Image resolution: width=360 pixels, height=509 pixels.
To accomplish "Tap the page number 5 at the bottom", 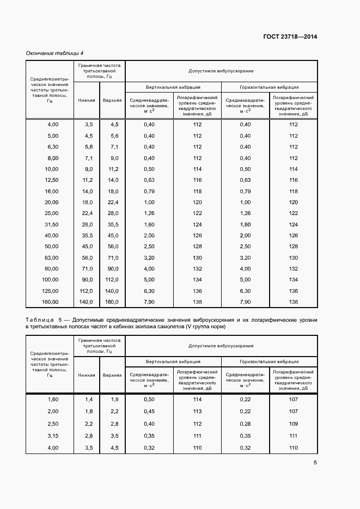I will (x=315, y=463).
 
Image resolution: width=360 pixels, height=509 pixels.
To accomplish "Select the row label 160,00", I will (x=50, y=302).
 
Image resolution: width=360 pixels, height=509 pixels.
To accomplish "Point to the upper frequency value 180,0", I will (x=112, y=302).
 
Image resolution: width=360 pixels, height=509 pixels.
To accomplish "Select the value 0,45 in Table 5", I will (x=149, y=411).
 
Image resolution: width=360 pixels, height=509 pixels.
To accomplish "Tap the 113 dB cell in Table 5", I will (x=197, y=411).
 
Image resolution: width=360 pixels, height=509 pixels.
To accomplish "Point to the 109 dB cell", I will (x=294, y=424).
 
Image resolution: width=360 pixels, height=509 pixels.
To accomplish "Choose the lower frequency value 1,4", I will (x=89, y=399).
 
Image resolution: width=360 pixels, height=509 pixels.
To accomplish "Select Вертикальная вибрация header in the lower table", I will (x=173, y=361).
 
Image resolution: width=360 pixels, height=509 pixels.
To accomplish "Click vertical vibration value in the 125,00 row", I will (x=149, y=291).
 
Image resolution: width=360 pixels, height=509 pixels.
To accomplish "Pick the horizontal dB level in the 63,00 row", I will (x=294, y=257).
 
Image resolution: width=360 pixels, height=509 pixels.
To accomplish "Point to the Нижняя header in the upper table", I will (x=87, y=101).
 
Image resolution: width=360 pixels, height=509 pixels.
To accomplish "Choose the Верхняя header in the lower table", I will (x=112, y=375).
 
